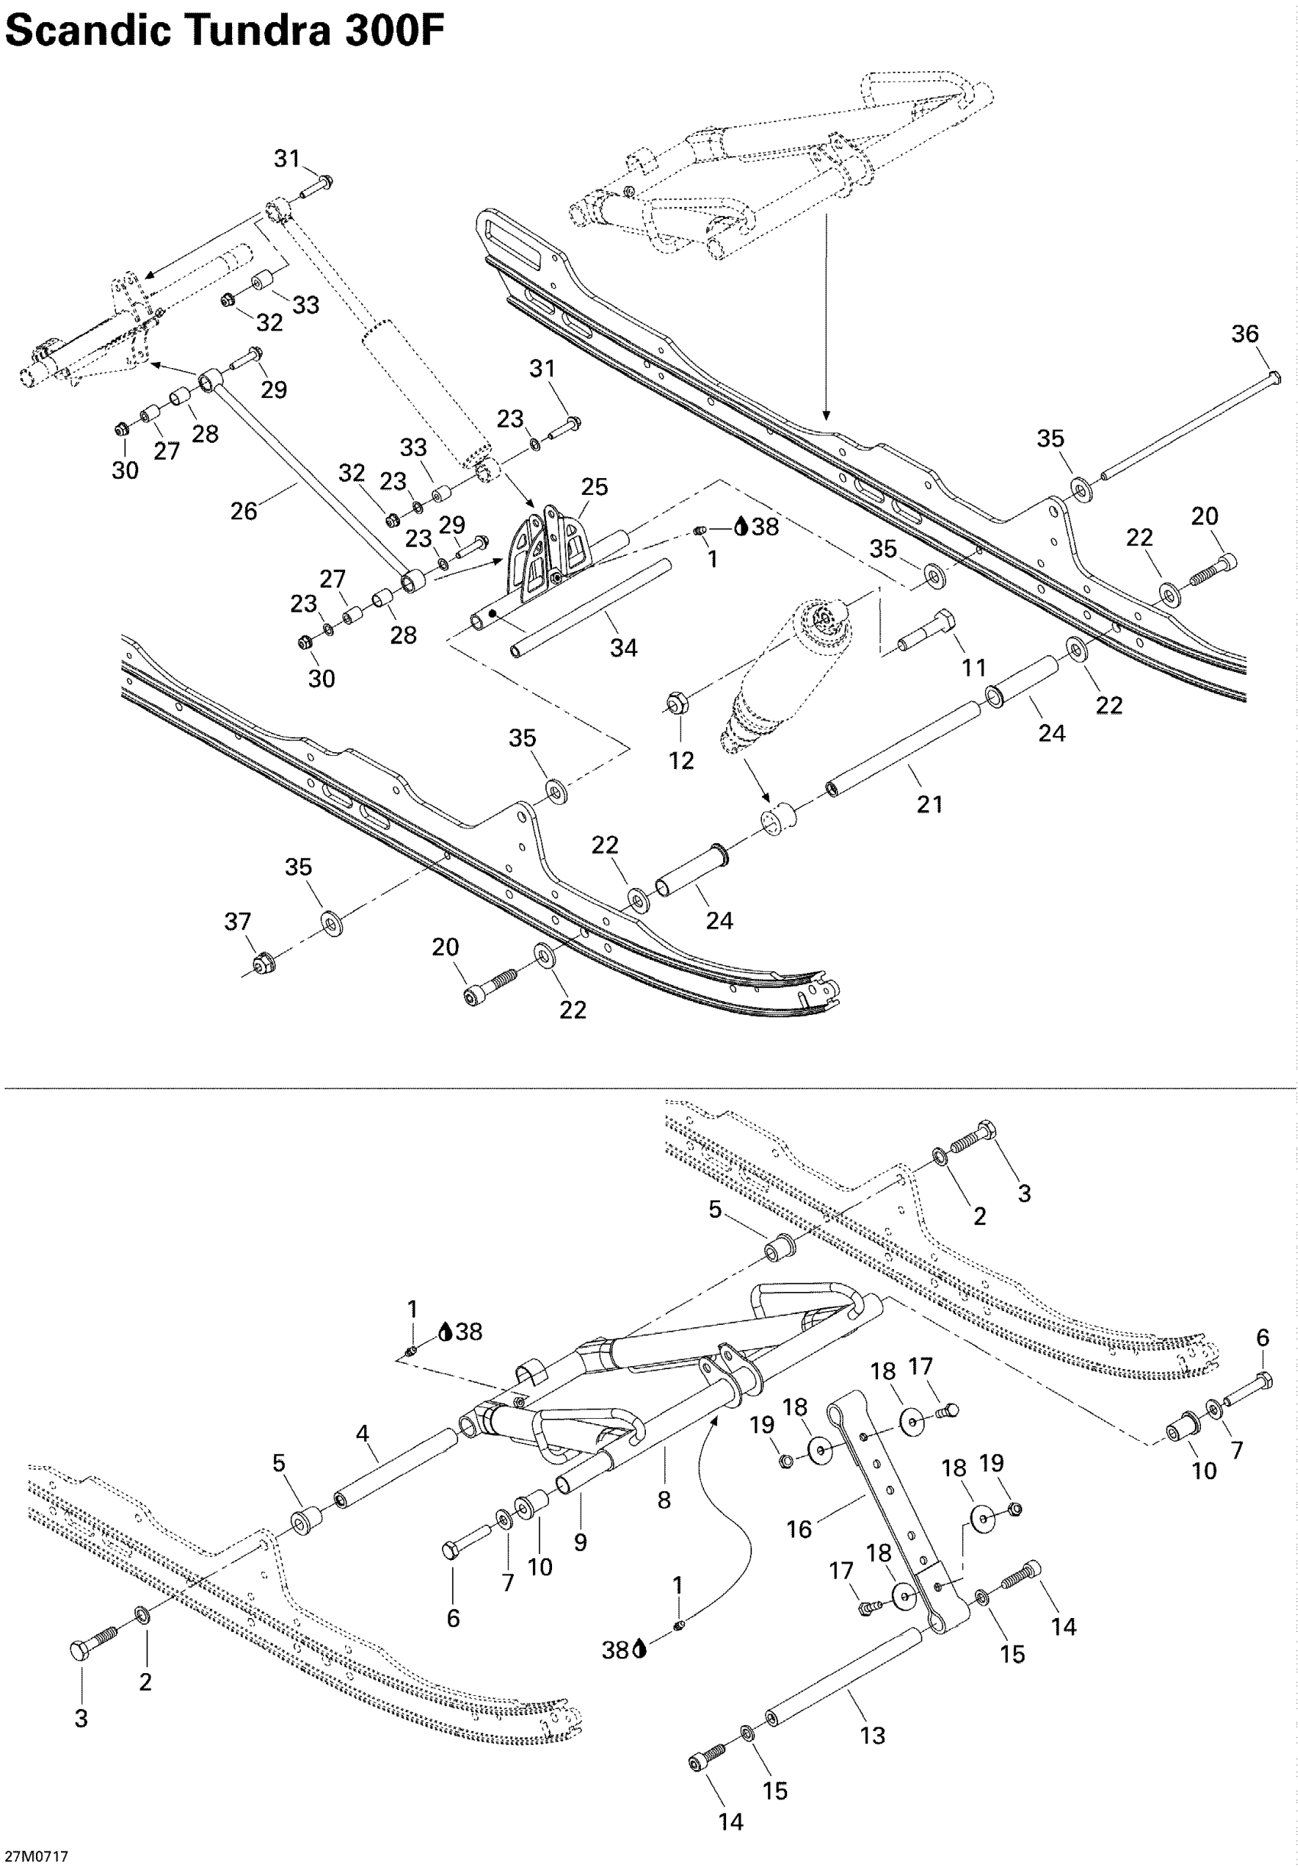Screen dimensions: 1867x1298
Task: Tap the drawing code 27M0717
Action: click(36, 1856)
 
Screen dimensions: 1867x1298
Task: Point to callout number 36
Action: click(1245, 334)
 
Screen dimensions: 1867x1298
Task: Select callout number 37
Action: click(237, 922)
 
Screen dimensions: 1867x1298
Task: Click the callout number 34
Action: click(624, 648)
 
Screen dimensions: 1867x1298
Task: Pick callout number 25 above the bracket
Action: click(594, 486)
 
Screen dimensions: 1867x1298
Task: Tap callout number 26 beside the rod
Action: click(244, 511)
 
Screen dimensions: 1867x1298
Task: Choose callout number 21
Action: click(929, 803)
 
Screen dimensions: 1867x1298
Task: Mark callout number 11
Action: click(973, 667)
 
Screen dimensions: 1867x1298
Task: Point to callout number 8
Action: click(664, 1500)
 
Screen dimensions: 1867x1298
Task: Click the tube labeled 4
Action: click(396, 1469)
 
